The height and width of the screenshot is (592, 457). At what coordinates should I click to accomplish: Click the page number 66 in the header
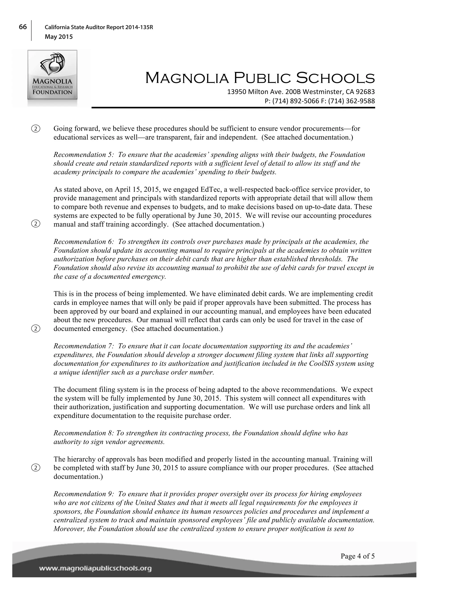(x=23, y=27)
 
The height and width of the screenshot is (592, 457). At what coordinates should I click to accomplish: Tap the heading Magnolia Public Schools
(x=260, y=78)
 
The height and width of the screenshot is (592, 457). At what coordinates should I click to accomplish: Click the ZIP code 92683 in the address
(x=366, y=92)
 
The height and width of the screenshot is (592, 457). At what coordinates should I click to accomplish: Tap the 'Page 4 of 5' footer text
(x=357, y=556)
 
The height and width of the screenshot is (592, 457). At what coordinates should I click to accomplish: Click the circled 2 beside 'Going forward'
(x=35, y=128)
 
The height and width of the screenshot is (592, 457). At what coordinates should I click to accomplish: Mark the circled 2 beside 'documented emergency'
(x=35, y=329)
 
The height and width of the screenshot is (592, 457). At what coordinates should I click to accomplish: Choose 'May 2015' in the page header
(x=59, y=37)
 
